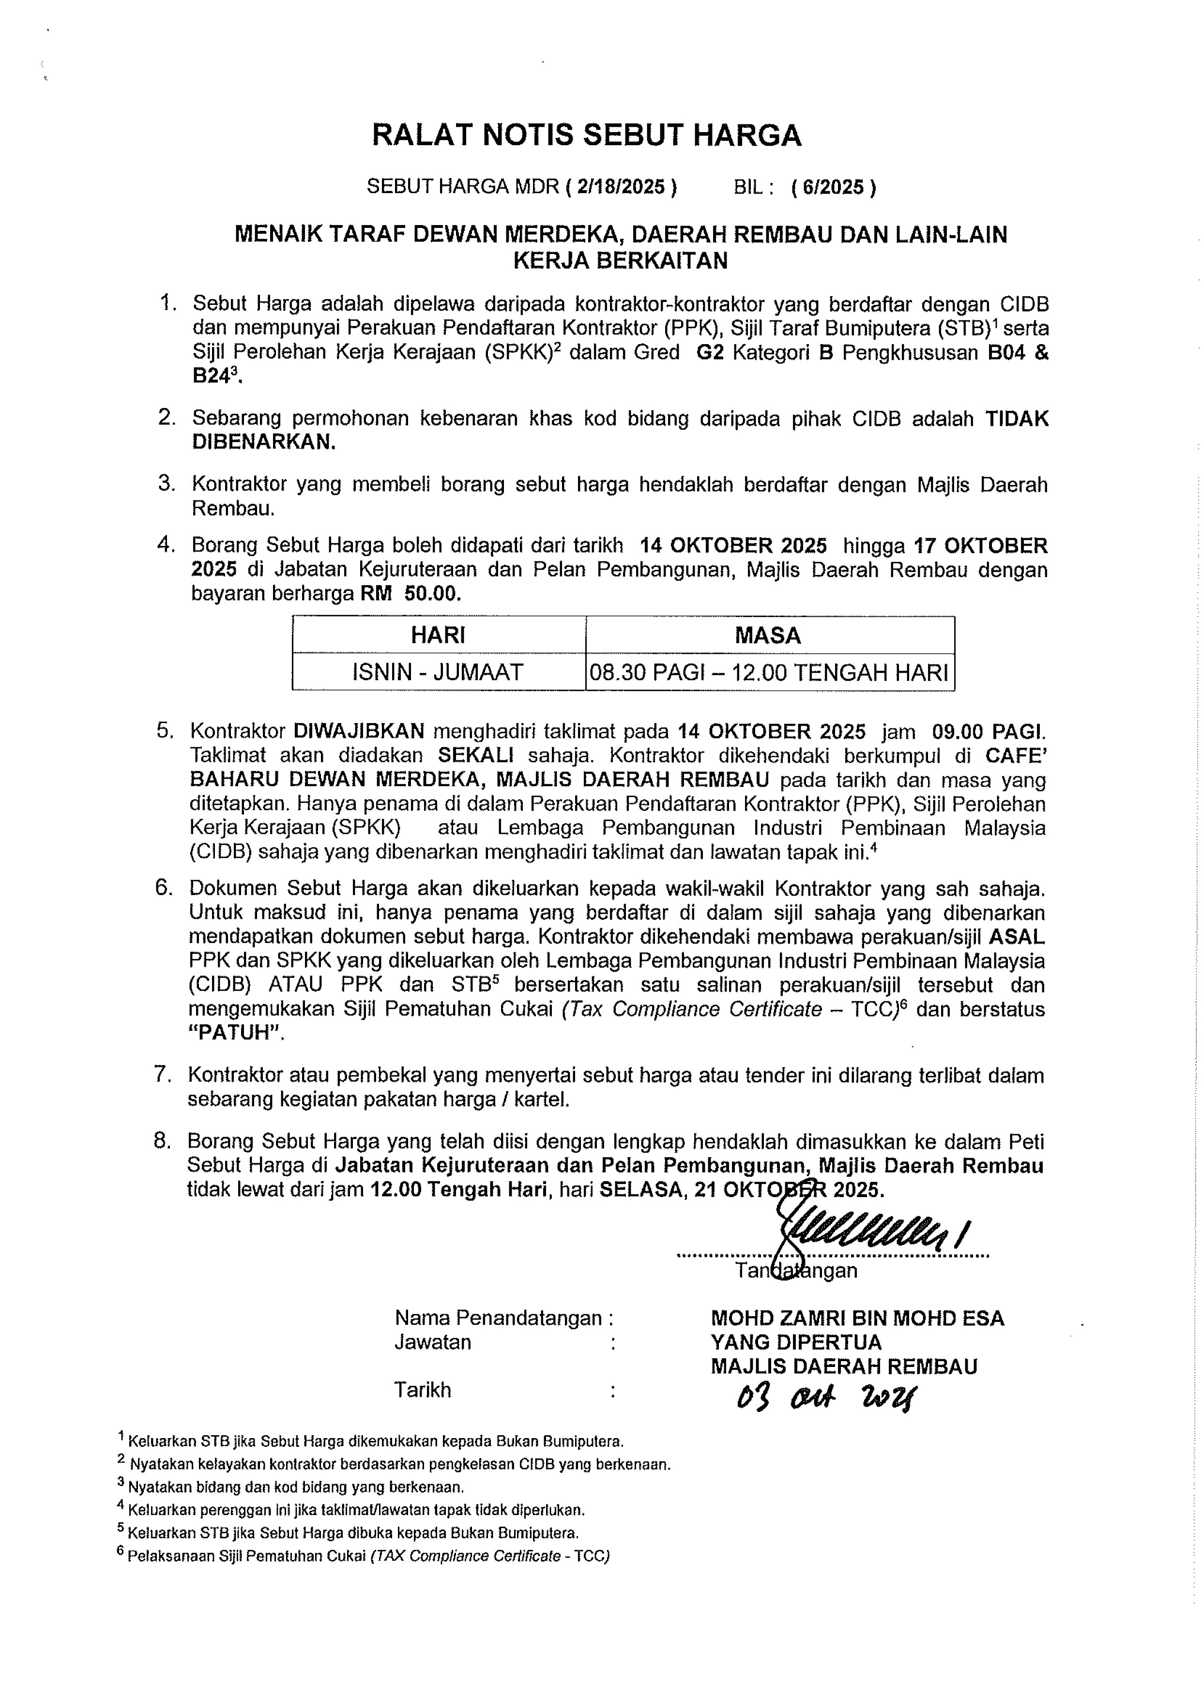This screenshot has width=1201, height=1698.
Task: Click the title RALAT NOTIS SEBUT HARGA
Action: (586, 136)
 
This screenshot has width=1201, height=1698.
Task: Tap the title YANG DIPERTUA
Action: (796, 1342)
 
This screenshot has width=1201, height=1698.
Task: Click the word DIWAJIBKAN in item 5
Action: (359, 731)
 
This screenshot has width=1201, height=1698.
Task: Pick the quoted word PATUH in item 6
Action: (236, 1033)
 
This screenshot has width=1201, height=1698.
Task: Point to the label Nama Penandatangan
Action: (499, 1318)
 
